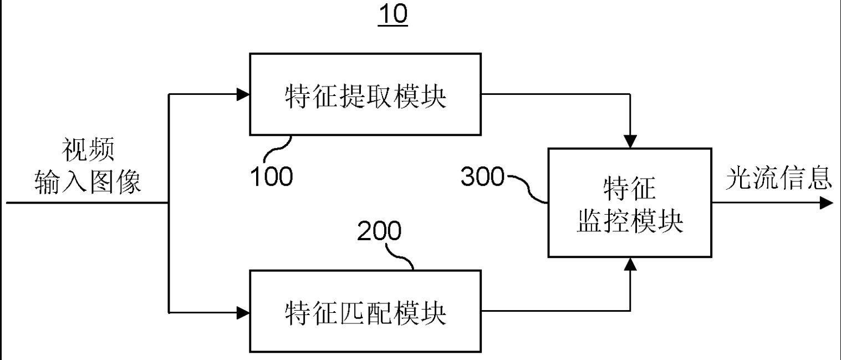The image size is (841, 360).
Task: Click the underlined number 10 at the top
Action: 393,15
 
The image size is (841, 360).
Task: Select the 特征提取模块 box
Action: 365,94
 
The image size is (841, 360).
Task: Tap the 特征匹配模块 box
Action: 365,311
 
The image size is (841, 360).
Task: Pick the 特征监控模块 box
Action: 629,202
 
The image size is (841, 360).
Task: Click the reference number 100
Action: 271,176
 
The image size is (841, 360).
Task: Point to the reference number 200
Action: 379,232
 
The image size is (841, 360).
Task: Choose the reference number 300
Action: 482,178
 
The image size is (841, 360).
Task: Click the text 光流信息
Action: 779,179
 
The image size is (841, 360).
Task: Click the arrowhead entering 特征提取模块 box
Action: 243,94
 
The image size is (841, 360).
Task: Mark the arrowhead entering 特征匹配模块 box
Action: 243,311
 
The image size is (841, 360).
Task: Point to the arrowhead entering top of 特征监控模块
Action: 630,142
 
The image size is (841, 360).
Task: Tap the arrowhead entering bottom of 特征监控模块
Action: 630,263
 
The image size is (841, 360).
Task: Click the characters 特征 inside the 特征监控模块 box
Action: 629,190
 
